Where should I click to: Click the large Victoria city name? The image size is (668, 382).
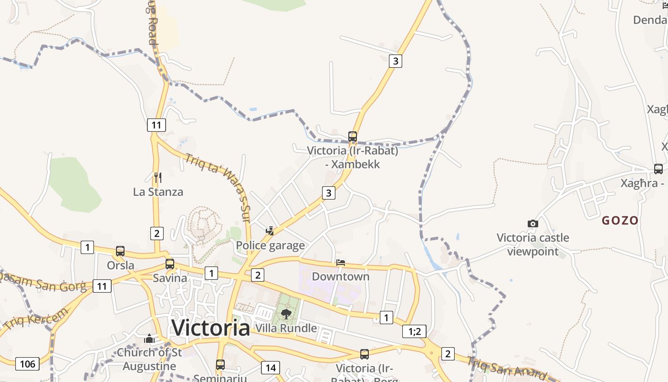point(210,328)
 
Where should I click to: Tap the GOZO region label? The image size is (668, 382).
point(620,221)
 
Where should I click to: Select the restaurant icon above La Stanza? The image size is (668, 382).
point(158,178)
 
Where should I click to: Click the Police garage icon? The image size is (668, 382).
point(270,231)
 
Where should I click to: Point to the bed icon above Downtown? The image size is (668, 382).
point(341,263)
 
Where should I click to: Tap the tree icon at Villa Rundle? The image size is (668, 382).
point(286,314)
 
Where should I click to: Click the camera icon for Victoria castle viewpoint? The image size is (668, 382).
point(533,223)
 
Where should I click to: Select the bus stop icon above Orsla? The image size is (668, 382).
point(120,251)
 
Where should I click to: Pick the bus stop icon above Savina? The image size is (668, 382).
point(170,264)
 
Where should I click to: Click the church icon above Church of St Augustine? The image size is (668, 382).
point(149,339)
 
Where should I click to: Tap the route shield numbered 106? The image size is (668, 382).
point(27,364)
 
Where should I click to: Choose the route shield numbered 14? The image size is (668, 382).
point(271,368)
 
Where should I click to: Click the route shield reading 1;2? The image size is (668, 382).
point(414,331)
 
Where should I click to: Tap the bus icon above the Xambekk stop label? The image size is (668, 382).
point(353,137)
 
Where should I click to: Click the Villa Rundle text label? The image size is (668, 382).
point(286,328)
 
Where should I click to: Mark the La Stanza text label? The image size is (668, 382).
point(158,192)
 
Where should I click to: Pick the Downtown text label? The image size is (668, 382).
point(341,276)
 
